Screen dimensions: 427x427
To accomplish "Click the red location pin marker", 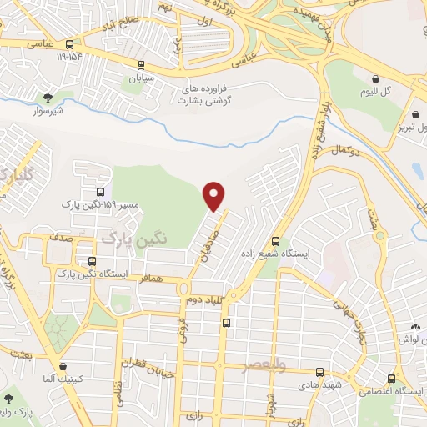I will coord(214,196).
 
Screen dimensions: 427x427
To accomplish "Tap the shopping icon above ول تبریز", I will coord(414,115).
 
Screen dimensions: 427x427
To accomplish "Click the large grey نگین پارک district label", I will coord(134,238).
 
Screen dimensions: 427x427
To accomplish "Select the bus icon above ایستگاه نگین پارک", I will coord(101,263).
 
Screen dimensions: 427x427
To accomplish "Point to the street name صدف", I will coord(59,238).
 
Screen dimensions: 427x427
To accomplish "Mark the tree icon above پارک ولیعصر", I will coord(8,400).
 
